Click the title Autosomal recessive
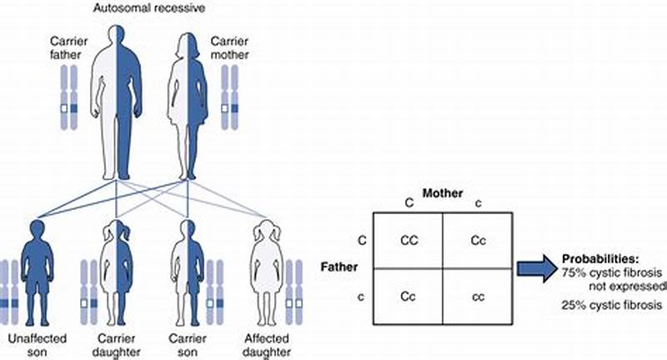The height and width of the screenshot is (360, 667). coord(158,7)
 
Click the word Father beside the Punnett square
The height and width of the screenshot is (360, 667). coord(340,267)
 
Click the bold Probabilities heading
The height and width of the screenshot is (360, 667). coord(596,257)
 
